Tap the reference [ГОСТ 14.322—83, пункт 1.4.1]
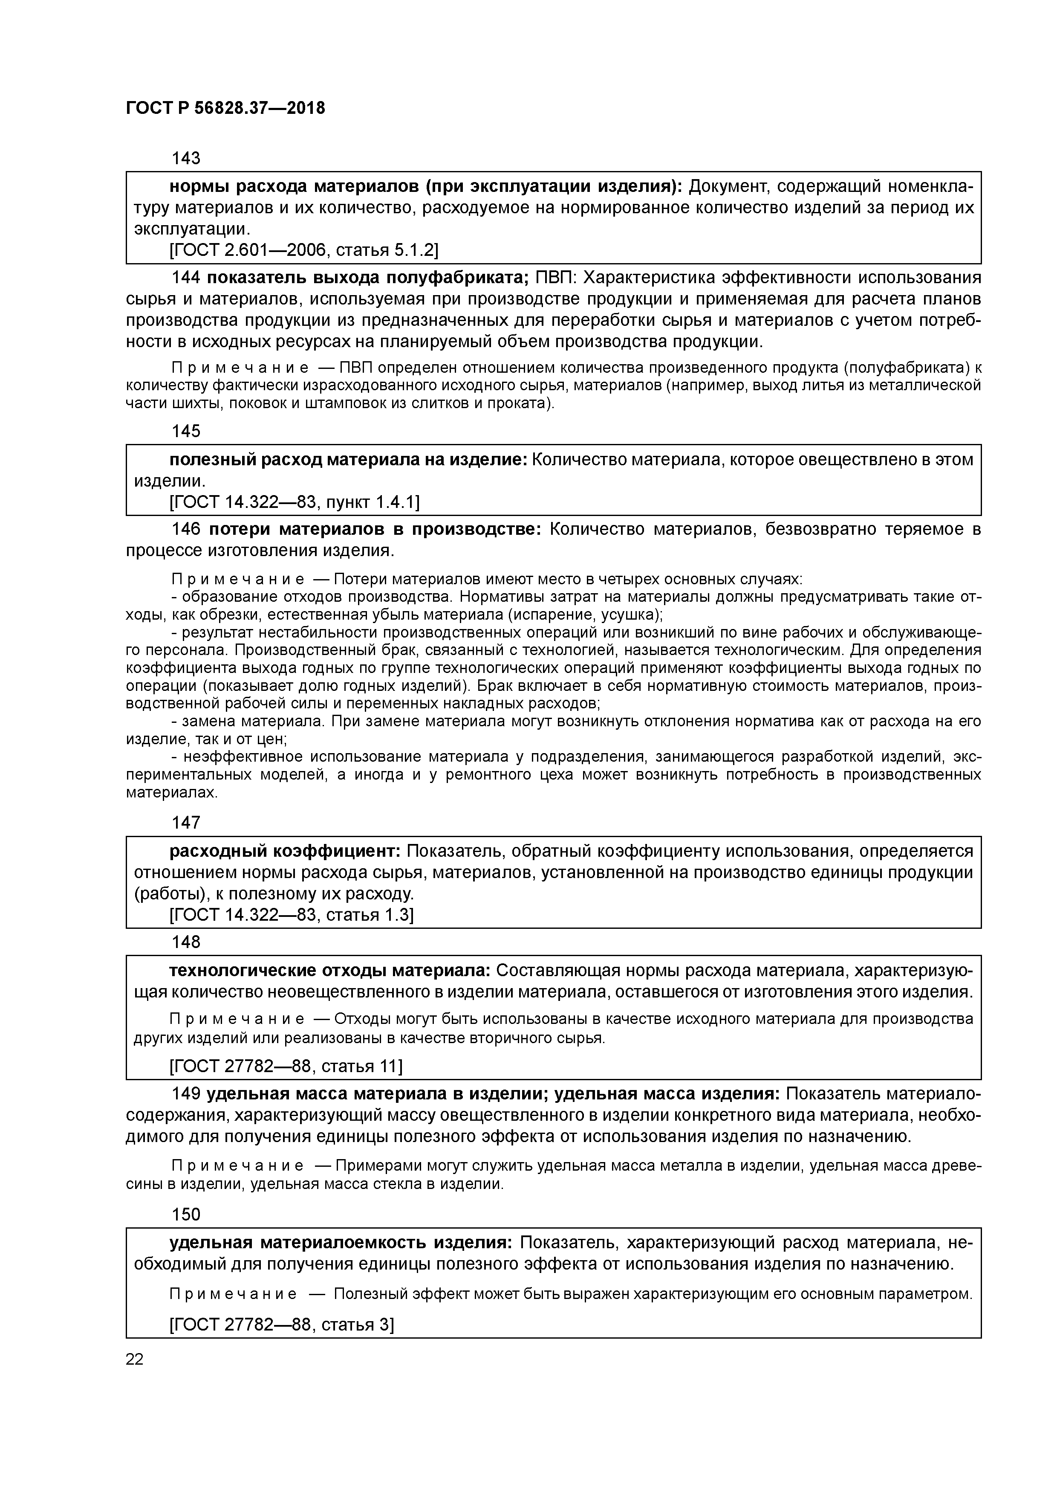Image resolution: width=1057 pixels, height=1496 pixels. tap(295, 502)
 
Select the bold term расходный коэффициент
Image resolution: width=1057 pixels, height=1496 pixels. tap(285, 851)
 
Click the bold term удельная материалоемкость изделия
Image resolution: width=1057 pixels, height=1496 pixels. tap(341, 1243)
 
